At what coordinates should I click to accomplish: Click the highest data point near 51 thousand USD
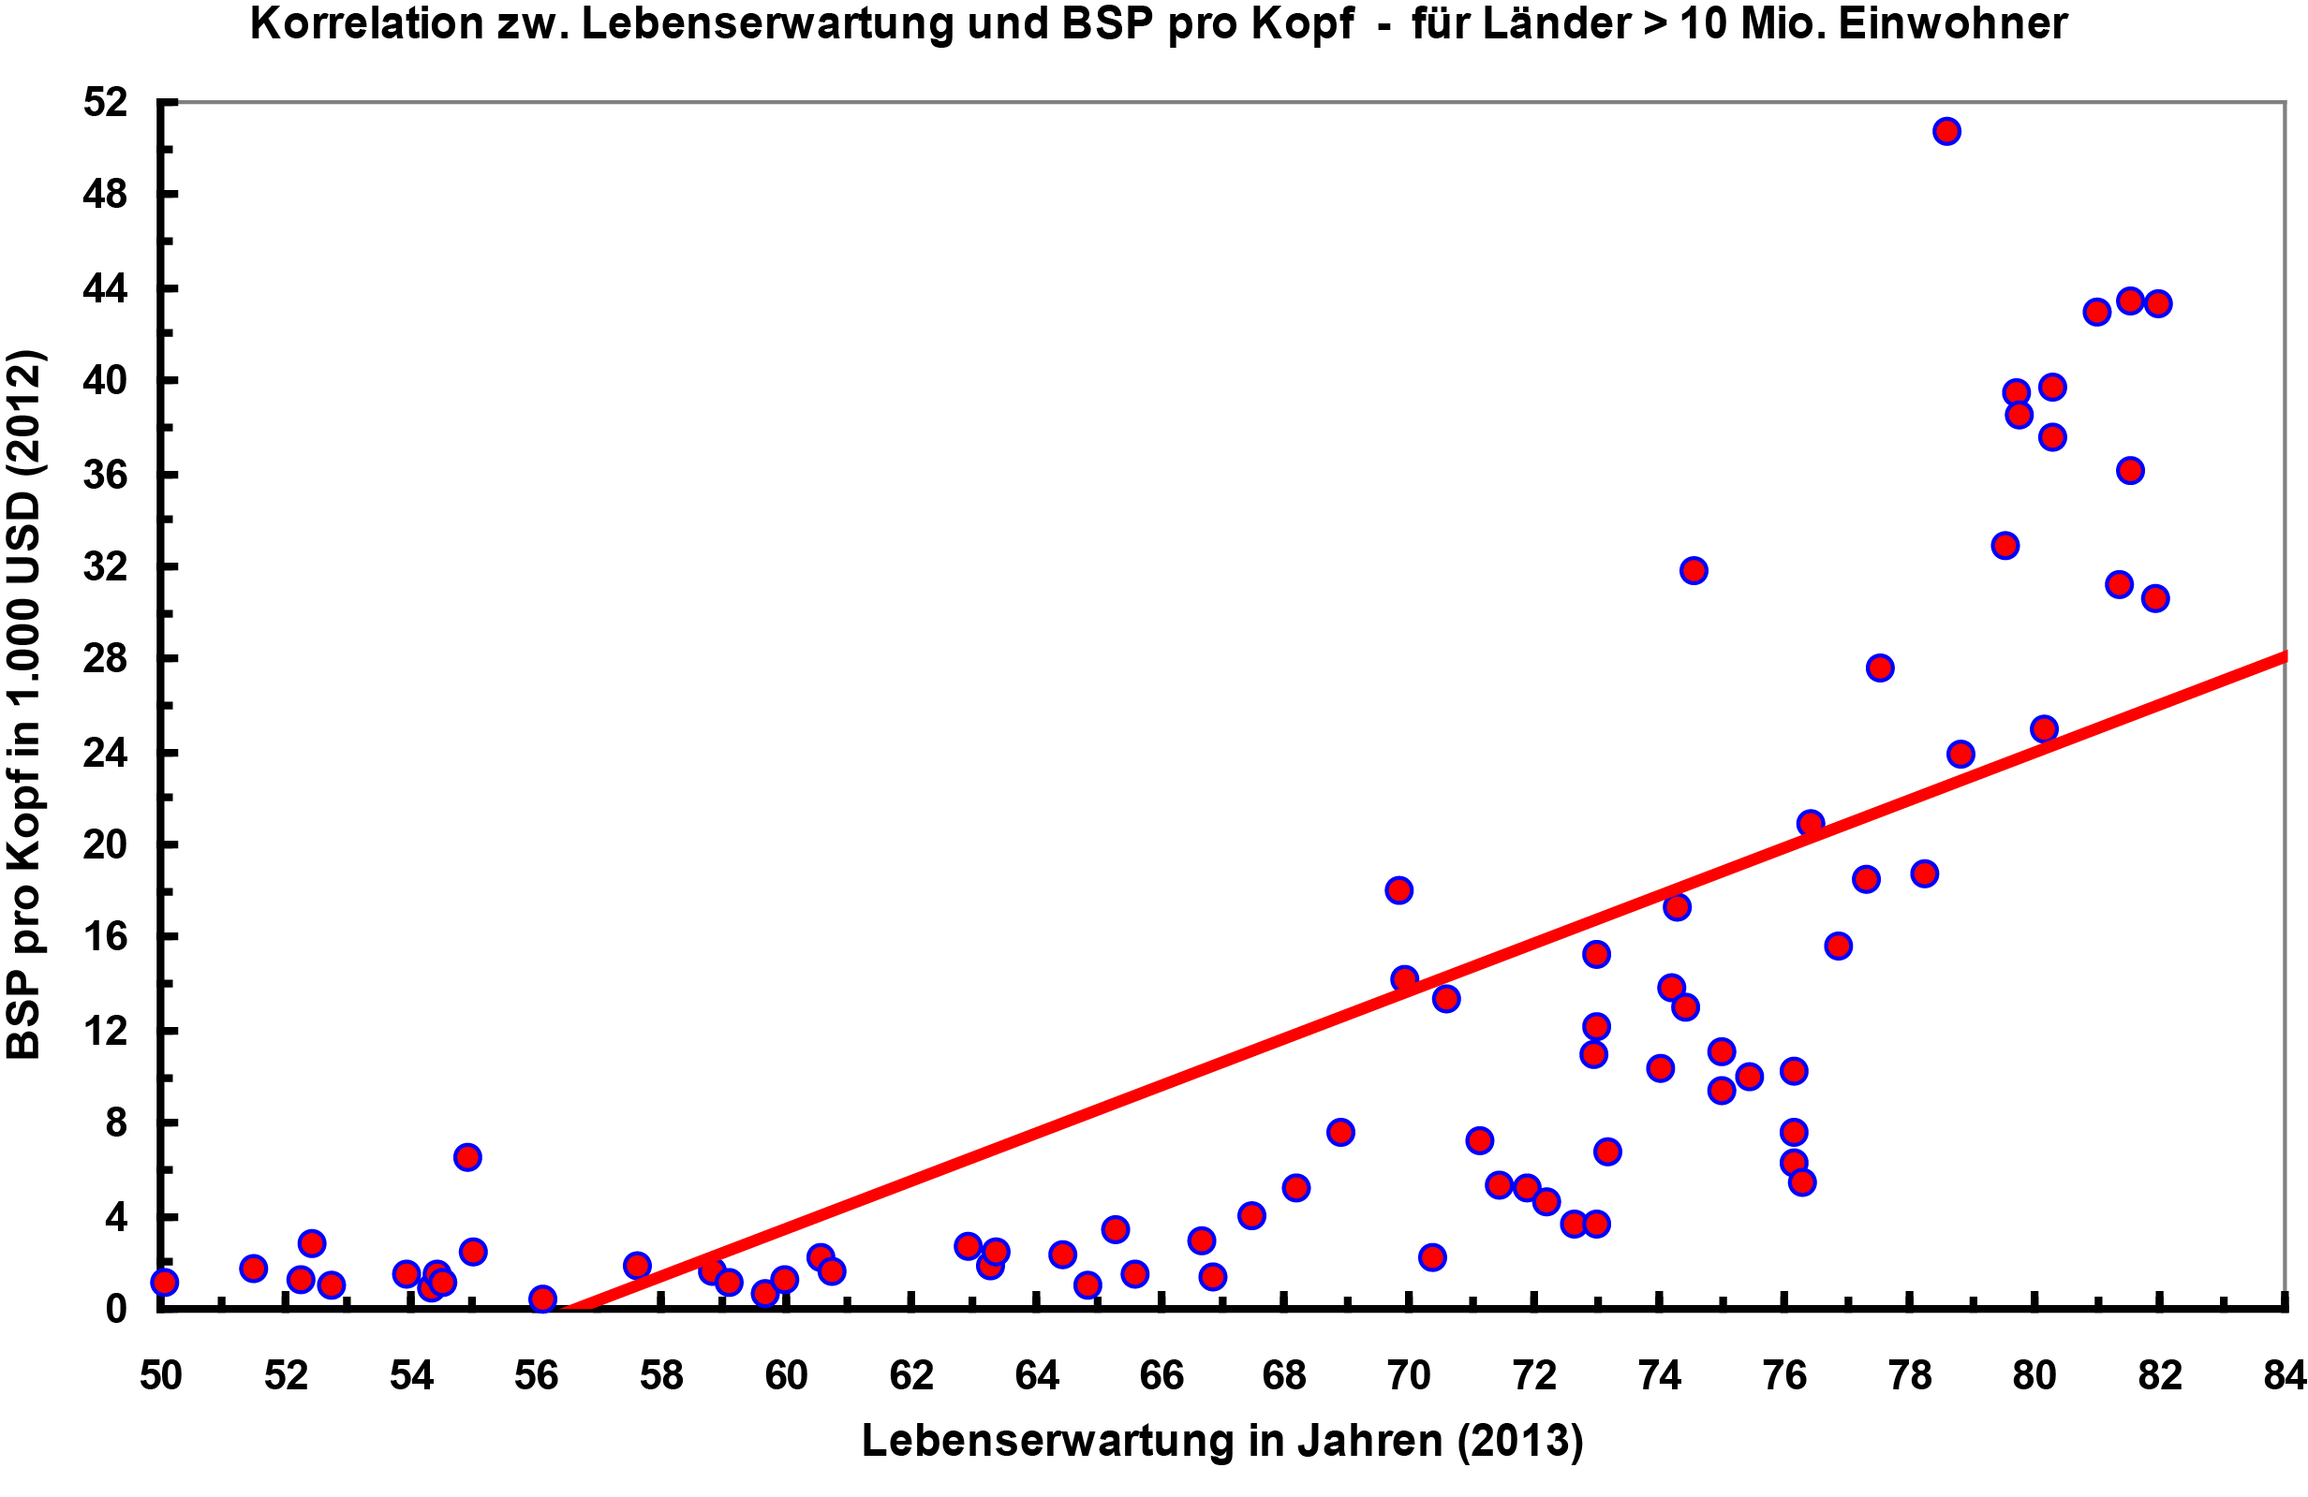1946,131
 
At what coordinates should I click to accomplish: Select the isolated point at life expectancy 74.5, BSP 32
1694,570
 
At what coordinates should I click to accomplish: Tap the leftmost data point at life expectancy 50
165,1282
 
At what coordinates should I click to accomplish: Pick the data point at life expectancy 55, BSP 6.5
467,1156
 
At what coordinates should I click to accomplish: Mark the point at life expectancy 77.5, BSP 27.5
1879,668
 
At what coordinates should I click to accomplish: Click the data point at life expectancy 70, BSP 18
1398,890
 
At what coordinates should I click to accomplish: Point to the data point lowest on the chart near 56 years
542,1299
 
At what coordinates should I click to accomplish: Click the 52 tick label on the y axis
105,102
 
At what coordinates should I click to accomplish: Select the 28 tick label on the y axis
105,659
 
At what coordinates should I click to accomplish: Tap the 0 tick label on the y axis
115,1309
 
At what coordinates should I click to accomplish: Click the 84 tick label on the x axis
2284,1375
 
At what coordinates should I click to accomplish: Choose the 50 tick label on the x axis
161,1375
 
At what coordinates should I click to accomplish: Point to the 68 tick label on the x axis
1285,1375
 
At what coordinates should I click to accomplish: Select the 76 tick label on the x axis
1784,1375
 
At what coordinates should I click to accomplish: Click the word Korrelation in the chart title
366,23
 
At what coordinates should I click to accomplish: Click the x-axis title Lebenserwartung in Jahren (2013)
1221,1441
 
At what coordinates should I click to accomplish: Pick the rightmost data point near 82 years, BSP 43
2158,303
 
